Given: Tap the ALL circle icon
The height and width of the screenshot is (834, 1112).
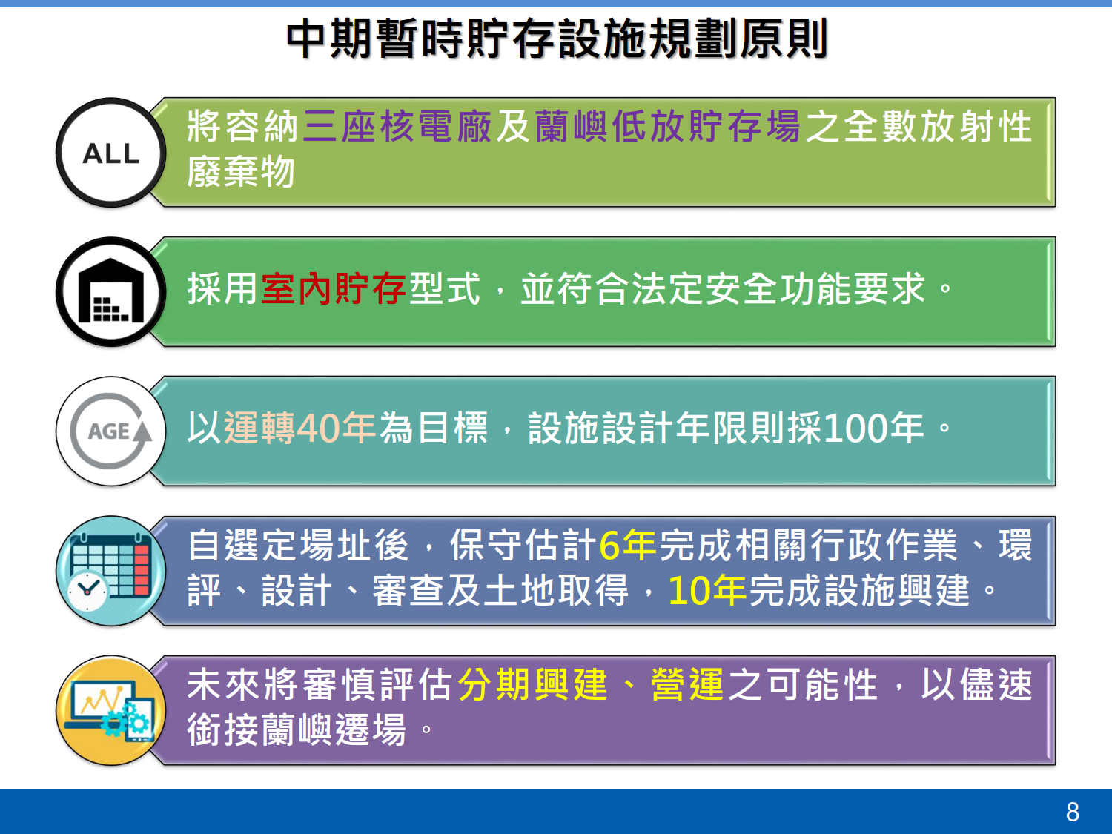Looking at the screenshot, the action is pyautogui.click(x=111, y=153).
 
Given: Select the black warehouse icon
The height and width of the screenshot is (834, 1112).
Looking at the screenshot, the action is pyautogui.click(x=111, y=291).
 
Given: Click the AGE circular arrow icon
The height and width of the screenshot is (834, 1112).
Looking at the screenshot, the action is pyautogui.click(x=111, y=431).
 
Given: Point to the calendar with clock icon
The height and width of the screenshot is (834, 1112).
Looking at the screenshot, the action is pyautogui.click(x=111, y=571).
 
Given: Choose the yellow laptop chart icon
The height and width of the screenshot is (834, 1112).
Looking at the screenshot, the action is pyautogui.click(x=111, y=710).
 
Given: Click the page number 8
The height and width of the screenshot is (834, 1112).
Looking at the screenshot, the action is pyautogui.click(x=1072, y=812).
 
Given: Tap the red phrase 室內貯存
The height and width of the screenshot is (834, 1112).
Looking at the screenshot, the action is pyautogui.click(x=334, y=288).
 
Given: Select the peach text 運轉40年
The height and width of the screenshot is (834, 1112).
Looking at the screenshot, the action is pyautogui.click(x=299, y=428).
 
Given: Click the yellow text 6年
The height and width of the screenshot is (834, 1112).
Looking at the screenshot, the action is pyautogui.click(x=628, y=546).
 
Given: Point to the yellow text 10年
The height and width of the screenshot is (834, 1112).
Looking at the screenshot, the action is pyautogui.click(x=707, y=590).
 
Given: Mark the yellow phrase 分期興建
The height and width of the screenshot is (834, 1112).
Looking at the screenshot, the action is pyautogui.click(x=532, y=684).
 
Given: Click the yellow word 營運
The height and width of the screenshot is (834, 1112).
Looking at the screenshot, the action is pyautogui.click(x=687, y=684).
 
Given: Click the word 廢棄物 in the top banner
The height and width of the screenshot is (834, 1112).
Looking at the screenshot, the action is pyautogui.click(x=241, y=172).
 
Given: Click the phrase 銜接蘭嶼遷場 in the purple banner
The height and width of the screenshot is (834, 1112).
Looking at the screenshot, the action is pyautogui.click(x=297, y=729).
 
